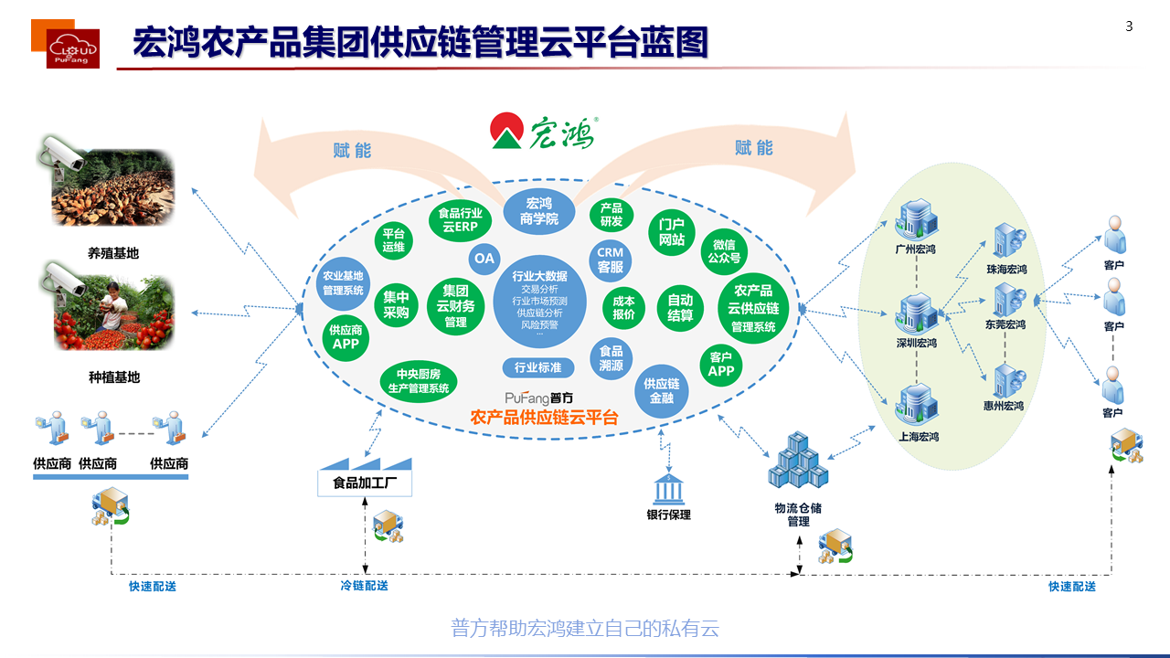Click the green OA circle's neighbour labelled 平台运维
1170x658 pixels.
(x=393, y=239)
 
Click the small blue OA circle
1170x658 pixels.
(x=484, y=259)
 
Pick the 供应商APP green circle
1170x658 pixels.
(x=346, y=337)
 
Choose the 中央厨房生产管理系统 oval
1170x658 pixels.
(x=419, y=381)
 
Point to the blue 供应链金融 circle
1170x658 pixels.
(x=661, y=391)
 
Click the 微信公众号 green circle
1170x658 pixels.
(x=724, y=251)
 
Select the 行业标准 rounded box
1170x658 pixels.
(x=538, y=367)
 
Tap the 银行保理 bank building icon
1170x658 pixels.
(x=669, y=488)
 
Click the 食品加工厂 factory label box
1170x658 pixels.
(x=365, y=483)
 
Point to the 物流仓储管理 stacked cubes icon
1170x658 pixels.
(x=797, y=462)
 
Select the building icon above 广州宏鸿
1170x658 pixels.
(x=916, y=219)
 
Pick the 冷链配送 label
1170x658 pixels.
(x=364, y=586)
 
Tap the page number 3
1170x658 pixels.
(x=1129, y=27)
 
